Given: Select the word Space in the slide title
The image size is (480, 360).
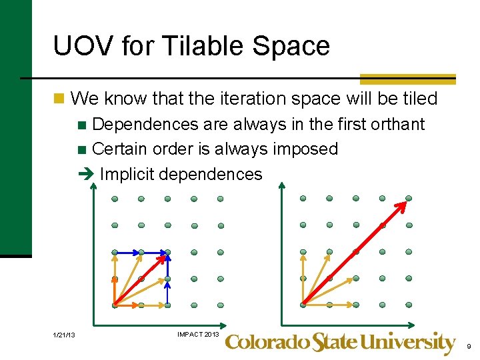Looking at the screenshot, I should coord(298,47).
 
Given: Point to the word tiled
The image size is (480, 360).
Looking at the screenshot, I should coord(419,99).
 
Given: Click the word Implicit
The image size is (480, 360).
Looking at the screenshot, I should coord(127,174).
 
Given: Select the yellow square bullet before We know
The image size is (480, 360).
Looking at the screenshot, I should coord(60,99).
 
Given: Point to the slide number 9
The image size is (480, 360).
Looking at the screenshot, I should coord(469,346).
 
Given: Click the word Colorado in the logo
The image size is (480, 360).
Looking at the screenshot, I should coord(267,343).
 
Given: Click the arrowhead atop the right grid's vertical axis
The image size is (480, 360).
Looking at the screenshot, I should coord(281,186).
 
